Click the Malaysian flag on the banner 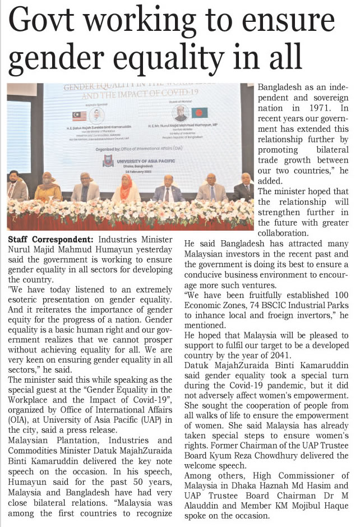coord(79,116)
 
